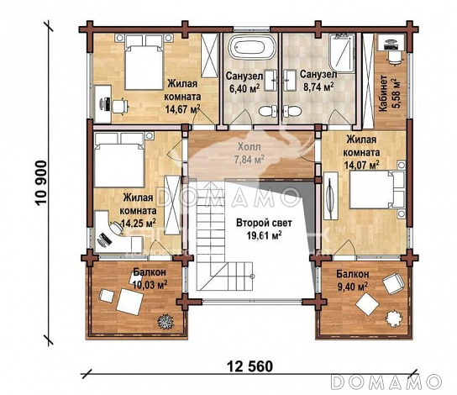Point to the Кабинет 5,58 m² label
387,92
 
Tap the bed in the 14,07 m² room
370,192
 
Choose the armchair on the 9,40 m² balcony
388,282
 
